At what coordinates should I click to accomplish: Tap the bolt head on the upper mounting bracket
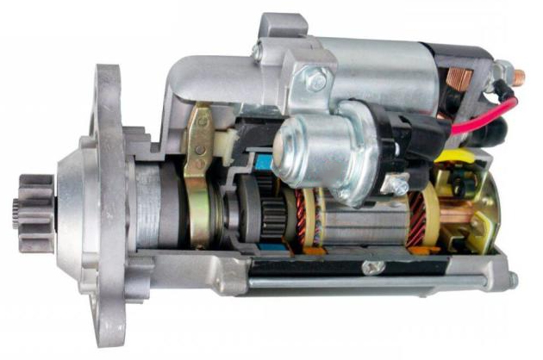317,82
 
